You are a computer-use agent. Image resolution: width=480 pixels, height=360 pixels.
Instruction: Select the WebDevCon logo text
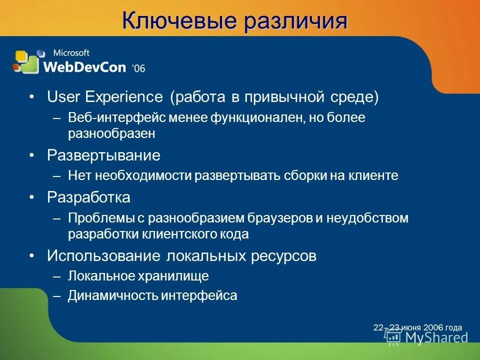(x=85, y=66)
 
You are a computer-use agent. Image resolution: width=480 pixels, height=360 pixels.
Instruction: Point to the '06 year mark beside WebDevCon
(x=138, y=68)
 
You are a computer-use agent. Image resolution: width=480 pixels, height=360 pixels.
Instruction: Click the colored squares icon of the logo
(x=26, y=62)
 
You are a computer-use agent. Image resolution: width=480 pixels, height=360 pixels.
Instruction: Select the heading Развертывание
(x=103, y=155)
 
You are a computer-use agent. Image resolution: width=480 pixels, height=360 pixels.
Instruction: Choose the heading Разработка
(x=88, y=197)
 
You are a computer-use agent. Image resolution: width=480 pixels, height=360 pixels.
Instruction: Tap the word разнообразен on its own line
(x=112, y=134)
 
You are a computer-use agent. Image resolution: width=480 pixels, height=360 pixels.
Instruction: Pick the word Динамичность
(x=113, y=296)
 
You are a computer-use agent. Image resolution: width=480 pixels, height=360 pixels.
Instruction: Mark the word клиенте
(x=373, y=176)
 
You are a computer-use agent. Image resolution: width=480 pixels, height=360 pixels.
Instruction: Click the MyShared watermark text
(x=435, y=337)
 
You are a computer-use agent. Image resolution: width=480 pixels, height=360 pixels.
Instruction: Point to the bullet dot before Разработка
(x=32, y=198)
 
